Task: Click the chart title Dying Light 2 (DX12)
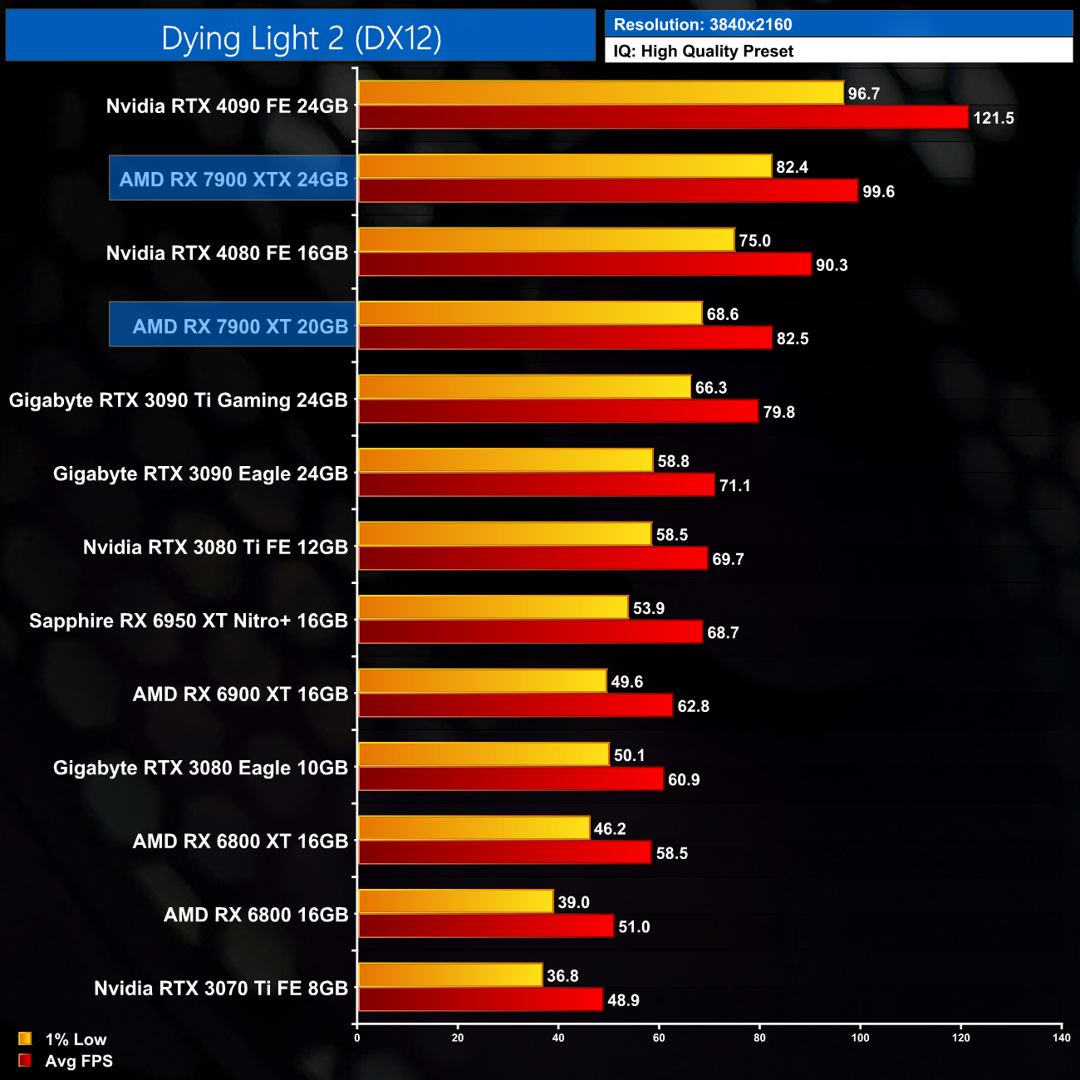click(x=301, y=38)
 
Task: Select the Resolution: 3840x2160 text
click(x=703, y=25)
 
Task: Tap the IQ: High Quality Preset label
click(x=704, y=52)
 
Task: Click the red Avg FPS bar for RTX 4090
click(x=663, y=117)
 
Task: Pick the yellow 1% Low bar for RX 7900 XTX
click(x=565, y=166)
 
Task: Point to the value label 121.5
click(x=994, y=118)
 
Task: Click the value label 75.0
click(x=754, y=241)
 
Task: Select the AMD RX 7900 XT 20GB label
click(x=240, y=326)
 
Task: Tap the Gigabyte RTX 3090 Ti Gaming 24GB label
click(x=179, y=400)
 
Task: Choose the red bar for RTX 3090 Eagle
click(x=536, y=485)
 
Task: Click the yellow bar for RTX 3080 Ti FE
click(x=504, y=534)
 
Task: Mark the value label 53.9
click(x=648, y=608)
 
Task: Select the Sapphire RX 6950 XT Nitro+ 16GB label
click(x=189, y=621)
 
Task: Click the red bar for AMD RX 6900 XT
click(x=515, y=705)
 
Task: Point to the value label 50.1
click(x=629, y=755)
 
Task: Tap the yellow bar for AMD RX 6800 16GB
click(x=455, y=901)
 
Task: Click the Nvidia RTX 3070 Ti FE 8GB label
click(x=221, y=989)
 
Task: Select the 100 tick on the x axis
click(x=860, y=1038)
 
